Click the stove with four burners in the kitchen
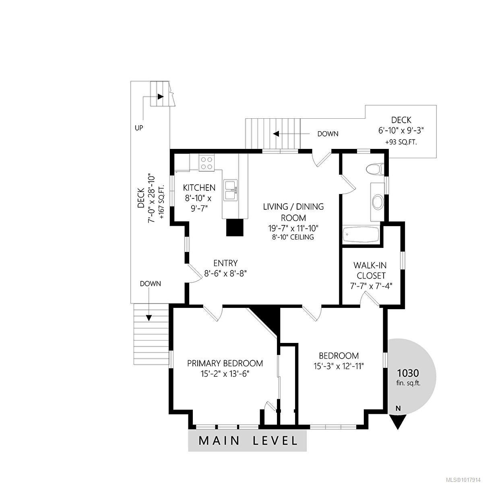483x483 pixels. click(x=206, y=163)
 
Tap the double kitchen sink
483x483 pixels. click(x=231, y=190)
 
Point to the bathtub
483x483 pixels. click(x=361, y=235)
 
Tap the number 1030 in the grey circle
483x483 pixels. click(x=408, y=373)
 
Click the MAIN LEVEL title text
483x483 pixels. click(x=248, y=448)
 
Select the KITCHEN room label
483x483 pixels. click(x=199, y=188)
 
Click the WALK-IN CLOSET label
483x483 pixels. click(x=370, y=270)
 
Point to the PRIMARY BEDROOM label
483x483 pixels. click(x=225, y=363)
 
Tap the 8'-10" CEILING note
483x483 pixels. click(x=293, y=237)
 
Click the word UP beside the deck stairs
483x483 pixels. click(x=139, y=128)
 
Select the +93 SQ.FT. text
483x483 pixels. click(x=401, y=142)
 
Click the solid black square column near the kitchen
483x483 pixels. click(x=235, y=227)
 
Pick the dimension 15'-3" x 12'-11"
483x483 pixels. click(x=339, y=366)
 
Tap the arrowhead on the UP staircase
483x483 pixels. click(x=161, y=96)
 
